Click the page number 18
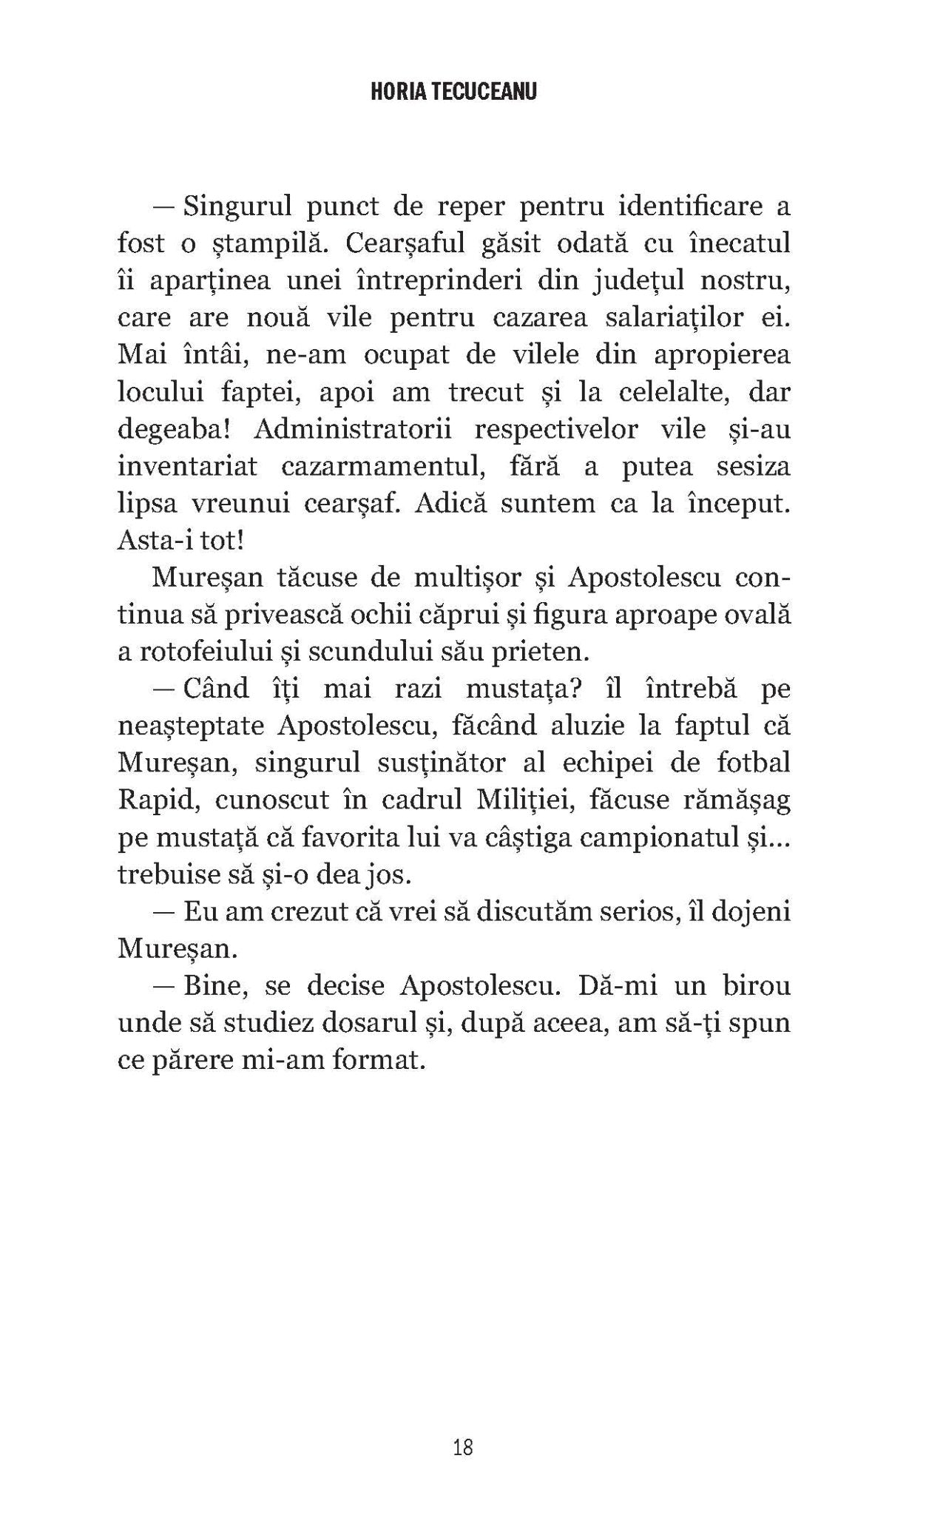click(x=463, y=1447)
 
